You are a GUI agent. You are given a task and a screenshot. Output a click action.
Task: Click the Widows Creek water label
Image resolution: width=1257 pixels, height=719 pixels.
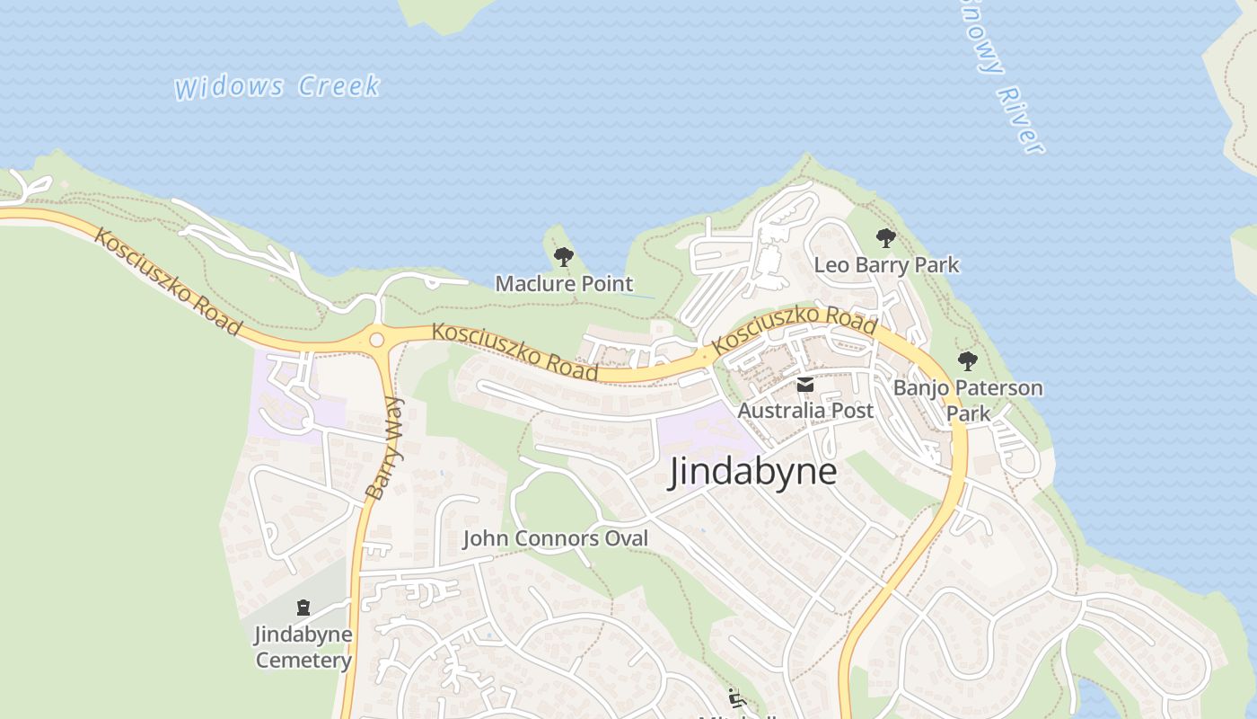[277, 87]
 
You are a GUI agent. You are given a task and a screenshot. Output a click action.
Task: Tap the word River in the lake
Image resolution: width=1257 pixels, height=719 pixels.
[1021, 120]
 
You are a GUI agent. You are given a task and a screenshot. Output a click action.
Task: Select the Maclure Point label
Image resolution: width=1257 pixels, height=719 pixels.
[564, 284]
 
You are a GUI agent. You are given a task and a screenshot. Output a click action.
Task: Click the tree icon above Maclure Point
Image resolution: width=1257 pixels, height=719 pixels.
[564, 258]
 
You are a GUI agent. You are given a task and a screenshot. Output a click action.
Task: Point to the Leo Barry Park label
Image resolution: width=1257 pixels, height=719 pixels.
[886, 265]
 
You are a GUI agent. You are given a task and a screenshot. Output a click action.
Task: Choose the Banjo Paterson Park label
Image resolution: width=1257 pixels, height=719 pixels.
[968, 400]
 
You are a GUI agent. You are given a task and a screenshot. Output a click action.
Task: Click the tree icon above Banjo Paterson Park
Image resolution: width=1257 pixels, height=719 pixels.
[967, 361]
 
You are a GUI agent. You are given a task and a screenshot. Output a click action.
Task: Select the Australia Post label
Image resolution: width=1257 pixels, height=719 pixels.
[805, 411]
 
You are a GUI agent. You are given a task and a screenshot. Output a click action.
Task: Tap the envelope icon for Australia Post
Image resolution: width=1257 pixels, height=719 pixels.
[805, 386]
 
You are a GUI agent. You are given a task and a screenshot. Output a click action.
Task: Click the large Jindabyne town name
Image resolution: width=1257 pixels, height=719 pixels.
[752, 472]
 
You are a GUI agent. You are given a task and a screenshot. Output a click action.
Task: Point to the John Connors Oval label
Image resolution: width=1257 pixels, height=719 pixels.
[555, 538]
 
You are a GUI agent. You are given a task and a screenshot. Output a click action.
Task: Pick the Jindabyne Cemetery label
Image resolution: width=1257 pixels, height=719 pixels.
[303, 647]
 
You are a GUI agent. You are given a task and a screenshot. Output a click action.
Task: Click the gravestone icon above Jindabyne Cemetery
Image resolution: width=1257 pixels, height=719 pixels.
[303, 608]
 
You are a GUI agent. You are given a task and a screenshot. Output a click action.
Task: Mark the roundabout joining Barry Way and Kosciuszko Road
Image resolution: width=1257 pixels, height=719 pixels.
[376, 340]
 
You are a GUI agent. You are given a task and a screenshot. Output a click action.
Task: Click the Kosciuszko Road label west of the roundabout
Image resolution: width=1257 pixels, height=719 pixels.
[168, 282]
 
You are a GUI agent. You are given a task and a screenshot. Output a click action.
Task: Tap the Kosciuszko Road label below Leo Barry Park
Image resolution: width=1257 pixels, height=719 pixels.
[794, 330]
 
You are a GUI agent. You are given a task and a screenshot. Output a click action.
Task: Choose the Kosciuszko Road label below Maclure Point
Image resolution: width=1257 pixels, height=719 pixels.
[514, 351]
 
